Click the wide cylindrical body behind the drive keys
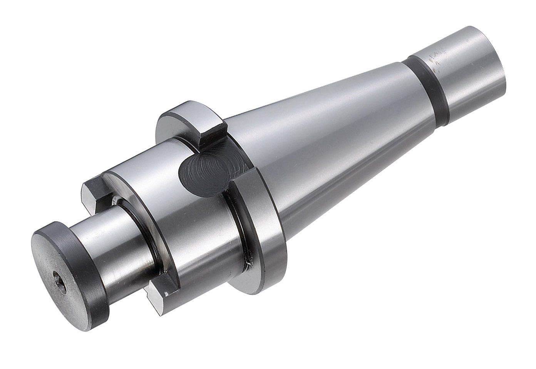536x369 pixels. (193, 239)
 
